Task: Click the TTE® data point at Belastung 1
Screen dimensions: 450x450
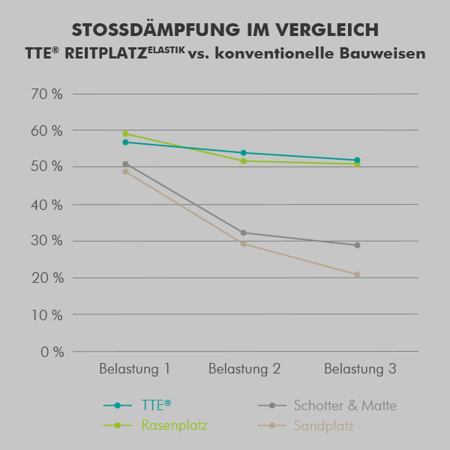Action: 125,142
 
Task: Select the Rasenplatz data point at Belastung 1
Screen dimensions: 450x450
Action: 125,133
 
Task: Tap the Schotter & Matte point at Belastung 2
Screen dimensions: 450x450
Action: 243,232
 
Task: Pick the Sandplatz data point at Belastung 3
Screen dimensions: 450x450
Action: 357,274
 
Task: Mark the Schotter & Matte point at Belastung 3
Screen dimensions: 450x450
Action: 357,245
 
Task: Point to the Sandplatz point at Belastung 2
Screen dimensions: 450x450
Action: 243,244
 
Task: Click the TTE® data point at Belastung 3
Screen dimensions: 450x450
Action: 357,160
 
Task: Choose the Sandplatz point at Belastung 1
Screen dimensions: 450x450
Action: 125,172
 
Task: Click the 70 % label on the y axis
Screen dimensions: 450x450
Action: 46,94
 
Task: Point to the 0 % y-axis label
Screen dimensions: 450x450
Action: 50,352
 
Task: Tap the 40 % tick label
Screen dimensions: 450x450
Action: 46,205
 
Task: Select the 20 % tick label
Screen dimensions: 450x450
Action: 46,278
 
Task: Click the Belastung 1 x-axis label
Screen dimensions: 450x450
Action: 135,370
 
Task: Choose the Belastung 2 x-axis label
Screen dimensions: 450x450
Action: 244,370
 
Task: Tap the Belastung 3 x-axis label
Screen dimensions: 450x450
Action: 360,370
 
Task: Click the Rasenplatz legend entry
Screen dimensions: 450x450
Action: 174,426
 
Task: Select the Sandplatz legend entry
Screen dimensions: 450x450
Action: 323,426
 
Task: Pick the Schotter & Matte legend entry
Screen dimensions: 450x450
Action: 344,406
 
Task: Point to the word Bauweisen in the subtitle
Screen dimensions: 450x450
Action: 385,54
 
